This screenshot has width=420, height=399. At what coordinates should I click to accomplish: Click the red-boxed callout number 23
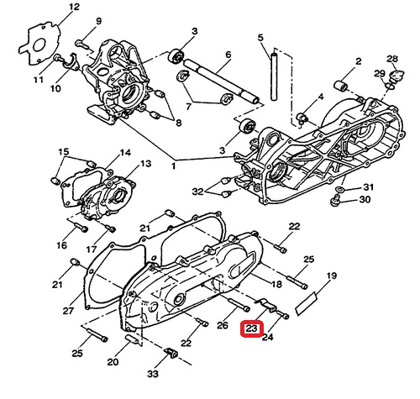[x=251, y=328]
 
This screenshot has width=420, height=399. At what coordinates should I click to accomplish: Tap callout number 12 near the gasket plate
[x=74, y=7]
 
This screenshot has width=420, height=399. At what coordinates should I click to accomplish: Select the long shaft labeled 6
[x=221, y=81]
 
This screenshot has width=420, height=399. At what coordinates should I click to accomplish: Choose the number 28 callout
[x=392, y=59]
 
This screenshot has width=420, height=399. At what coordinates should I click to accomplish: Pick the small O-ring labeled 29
[x=390, y=86]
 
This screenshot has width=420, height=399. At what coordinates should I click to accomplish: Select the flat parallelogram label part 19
[x=306, y=304]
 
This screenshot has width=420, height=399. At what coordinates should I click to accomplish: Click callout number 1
[x=174, y=166]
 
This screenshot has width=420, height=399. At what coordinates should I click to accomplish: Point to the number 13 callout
[x=145, y=164]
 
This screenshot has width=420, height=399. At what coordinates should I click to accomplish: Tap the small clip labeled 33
[x=171, y=353]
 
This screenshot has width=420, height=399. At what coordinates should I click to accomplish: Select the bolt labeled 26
[x=239, y=305]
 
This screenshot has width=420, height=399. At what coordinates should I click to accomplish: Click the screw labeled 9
[x=81, y=44]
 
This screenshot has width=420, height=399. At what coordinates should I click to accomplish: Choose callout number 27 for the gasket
[x=68, y=311]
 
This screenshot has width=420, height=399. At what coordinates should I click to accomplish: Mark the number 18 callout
[x=276, y=285]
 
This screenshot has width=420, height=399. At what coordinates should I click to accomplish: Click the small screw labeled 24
[x=284, y=315]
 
